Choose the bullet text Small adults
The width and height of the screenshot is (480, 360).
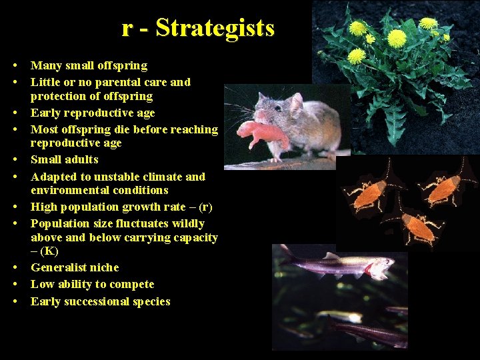[x=65, y=159]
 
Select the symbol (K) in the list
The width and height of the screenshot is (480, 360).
[x=49, y=251]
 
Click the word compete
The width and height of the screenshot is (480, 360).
[x=131, y=284]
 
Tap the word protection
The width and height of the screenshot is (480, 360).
[x=59, y=96]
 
